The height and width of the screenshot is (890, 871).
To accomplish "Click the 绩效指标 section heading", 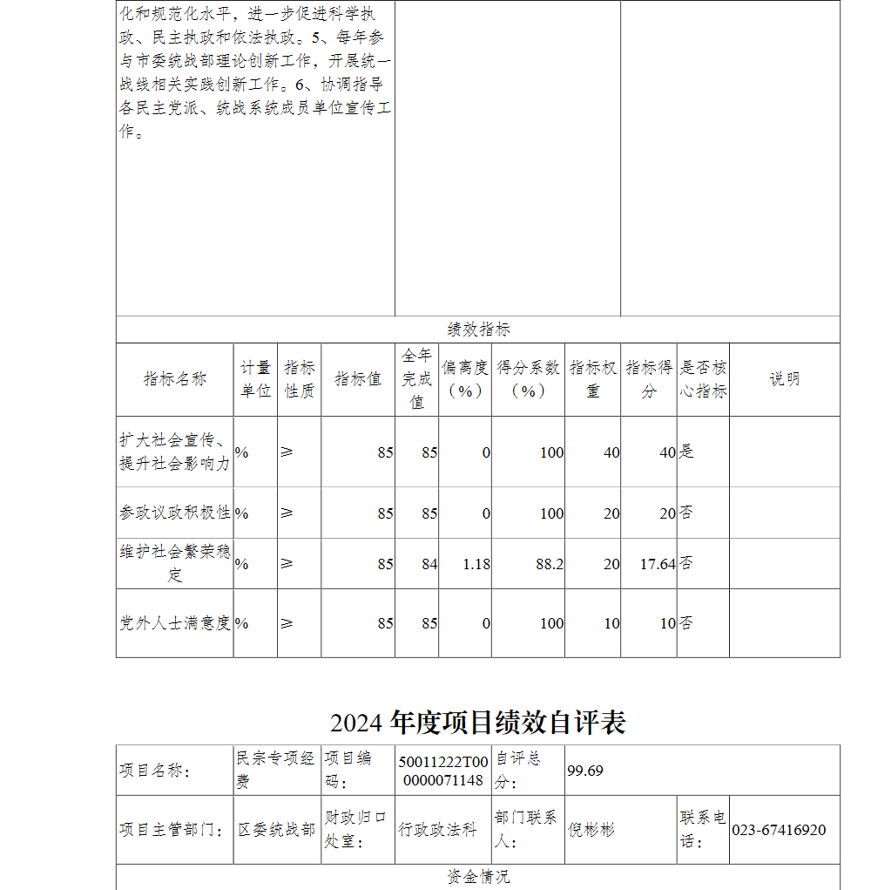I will point(478,330).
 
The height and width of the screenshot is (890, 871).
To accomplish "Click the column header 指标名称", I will point(175,379).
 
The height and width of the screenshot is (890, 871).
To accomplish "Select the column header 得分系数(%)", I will point(528,379).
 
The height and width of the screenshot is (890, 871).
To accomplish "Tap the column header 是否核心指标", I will point(703,379).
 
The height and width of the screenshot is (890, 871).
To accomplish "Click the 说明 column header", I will point(784,379).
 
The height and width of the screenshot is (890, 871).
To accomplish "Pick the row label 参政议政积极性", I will point(175,513).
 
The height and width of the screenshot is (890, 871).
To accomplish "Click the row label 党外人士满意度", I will point(175,623).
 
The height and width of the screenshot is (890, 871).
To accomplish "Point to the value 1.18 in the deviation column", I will point(476,564).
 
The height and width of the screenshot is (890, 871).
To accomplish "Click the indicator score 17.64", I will point(658,564).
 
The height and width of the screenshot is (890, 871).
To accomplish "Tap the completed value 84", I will point(429,564).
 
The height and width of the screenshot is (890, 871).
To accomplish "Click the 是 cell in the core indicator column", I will point(687,452).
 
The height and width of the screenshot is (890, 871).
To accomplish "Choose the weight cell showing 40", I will point(611,452).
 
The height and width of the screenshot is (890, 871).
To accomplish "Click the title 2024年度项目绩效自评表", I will point(478,722).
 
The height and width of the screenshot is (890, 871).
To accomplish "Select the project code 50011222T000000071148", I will point(442,771).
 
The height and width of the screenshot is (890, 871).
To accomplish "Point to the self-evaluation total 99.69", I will point(585,771).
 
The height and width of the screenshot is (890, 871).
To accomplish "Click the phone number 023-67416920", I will point(780,830).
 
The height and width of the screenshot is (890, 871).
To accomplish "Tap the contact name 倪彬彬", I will point(591,830).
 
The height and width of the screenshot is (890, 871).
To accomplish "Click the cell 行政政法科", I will point(437,830).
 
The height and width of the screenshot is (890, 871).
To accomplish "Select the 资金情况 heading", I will point(478,877).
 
